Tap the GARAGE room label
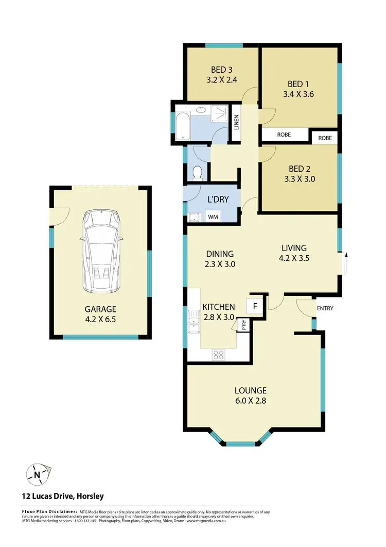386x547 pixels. tap(101, 309)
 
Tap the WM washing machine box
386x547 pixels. tap(213, 217)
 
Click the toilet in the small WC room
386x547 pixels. tap(196, 172)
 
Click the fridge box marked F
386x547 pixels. tap(254, 305)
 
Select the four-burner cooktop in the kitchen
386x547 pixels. tap(218, 354)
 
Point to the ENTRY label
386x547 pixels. tap(325, 309)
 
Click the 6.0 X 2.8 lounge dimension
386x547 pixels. tap(250, 400)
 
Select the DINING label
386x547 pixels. tap(220, 254)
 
